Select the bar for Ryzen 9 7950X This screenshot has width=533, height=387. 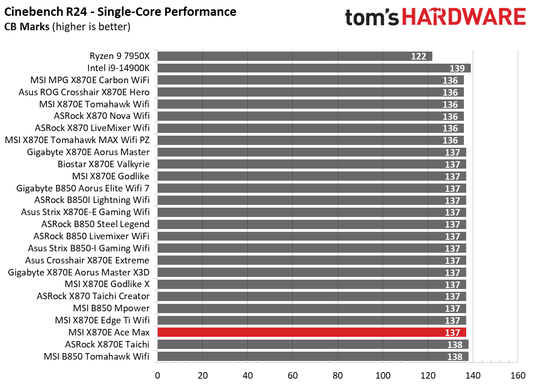(295, 56)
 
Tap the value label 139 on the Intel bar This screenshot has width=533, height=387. (457, 68)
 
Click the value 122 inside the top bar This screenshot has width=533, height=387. (418, 56)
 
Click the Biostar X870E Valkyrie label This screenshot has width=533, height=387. (103, 164)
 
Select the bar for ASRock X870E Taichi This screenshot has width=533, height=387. (313, 344)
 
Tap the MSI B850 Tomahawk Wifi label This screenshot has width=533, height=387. (96, 356)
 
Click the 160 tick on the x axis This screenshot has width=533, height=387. (518, 375)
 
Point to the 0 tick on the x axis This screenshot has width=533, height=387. (158, 375)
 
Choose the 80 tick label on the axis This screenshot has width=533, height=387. (338, 375)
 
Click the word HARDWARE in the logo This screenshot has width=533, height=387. (463, 18)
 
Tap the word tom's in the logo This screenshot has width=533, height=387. (372, 18)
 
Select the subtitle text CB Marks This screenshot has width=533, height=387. (27, 27)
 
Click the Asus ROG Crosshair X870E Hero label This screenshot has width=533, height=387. (84, 92)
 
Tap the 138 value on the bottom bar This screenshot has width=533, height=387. (455, 357)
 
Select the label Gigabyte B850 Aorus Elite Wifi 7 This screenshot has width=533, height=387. (83, 188)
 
